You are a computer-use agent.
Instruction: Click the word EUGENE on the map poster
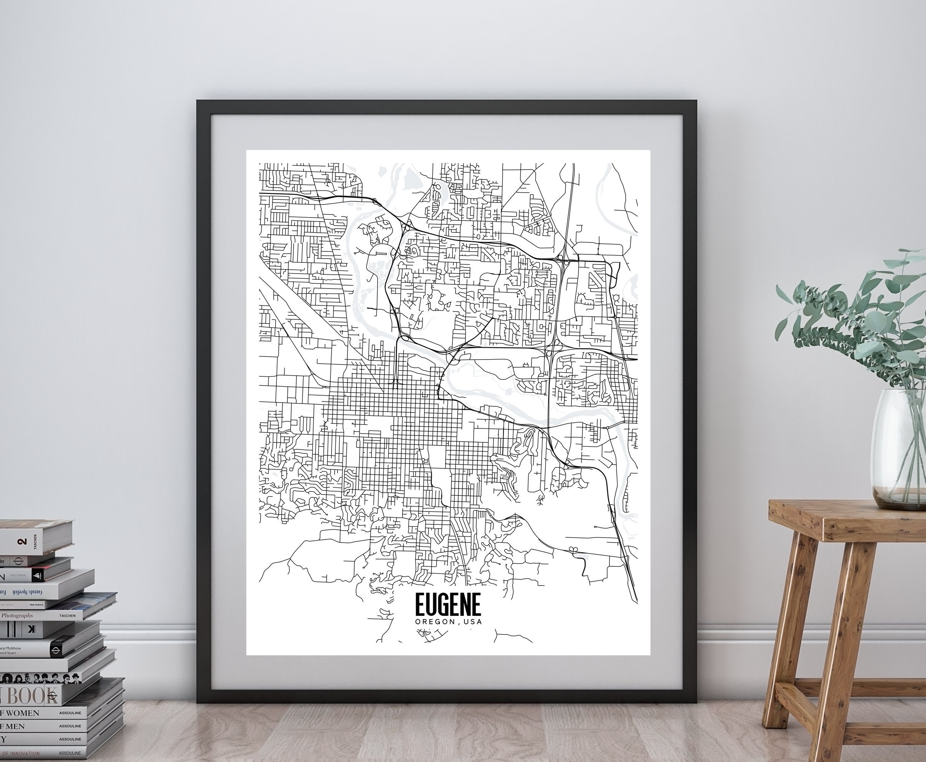[448, 606]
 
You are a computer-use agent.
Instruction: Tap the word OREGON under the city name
[435, 622]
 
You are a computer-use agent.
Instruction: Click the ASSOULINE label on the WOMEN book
[70, 713]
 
